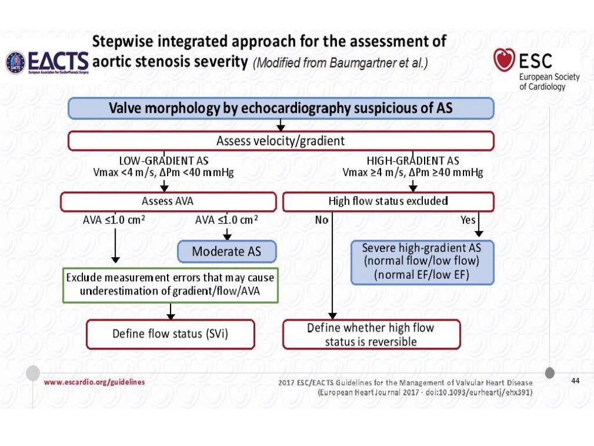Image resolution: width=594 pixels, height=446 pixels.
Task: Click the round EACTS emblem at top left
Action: point(16,62)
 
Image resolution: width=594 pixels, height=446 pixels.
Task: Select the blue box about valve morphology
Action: point(281,108)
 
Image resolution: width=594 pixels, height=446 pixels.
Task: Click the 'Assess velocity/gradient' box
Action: point(281,141)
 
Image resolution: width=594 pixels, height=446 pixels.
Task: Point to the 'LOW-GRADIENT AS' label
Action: point(164,160)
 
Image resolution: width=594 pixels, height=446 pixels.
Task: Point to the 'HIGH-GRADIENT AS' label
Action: point(413,160)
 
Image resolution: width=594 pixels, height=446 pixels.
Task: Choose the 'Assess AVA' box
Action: point(168,202)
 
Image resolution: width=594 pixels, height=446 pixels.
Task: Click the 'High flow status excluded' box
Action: point(388,202)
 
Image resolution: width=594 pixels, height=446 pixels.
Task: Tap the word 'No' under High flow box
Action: point(321,220)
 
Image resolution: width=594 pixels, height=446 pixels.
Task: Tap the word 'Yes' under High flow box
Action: point(468,220)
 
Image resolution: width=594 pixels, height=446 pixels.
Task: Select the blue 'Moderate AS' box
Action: point(226,251)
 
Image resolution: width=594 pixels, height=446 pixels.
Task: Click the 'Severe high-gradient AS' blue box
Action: point(422,261)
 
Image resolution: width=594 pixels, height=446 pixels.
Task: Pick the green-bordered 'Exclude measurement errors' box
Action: point(171,285)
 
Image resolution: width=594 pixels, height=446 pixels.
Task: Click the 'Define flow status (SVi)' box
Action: point(171,334)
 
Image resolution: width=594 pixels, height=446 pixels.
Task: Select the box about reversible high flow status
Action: point(371,334)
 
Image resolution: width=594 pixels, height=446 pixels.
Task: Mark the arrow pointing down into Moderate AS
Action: point(227,233)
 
